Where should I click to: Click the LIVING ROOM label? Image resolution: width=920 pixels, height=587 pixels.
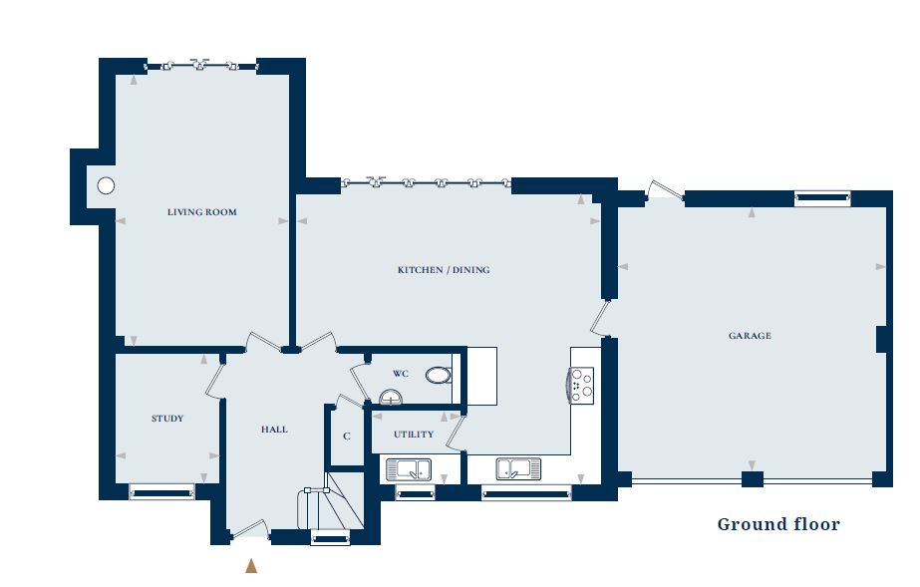pos(201,212)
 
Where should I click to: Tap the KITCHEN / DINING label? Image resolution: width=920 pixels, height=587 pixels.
pos(444,270)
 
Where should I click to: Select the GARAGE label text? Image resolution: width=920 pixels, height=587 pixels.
pos(749,336)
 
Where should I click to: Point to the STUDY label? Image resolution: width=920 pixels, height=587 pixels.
pos(167,419)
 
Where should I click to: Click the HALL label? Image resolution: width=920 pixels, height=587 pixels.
pos(274,430)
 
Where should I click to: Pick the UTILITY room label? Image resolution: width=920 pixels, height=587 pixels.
pos(413,435)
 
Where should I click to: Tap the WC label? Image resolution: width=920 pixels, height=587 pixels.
pos(401,374)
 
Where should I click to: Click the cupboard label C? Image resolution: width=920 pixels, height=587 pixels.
pos(347,437)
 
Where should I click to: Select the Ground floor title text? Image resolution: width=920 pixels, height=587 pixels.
pos(777,524)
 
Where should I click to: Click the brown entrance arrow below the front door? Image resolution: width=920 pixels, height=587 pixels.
pos(251,565)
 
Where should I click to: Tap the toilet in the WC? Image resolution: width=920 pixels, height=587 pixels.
pos(439,376)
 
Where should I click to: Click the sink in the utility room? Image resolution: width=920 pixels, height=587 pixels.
pos(408,468)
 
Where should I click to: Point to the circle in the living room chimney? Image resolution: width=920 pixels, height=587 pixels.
pos(105,185)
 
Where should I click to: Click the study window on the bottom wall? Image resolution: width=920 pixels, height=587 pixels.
pos(161,490)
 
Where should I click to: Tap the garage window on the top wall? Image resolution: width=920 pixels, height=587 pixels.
pos(822,199)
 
